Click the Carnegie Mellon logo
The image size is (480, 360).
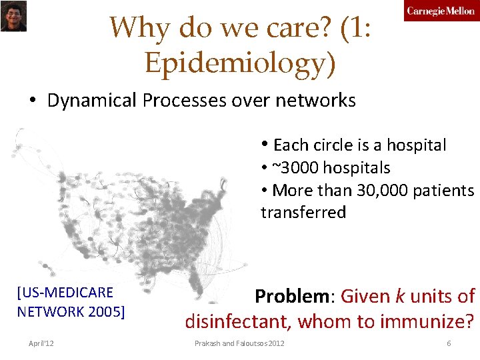click(441, 11)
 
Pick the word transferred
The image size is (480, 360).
click(303, 213)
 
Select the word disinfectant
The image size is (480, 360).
click(239, 322)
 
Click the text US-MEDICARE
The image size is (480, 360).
click(65, 293)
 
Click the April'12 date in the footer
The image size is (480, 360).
click(41, 343)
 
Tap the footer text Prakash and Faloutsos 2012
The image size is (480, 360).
click(239, 343)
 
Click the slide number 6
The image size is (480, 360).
click(449, 343)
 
